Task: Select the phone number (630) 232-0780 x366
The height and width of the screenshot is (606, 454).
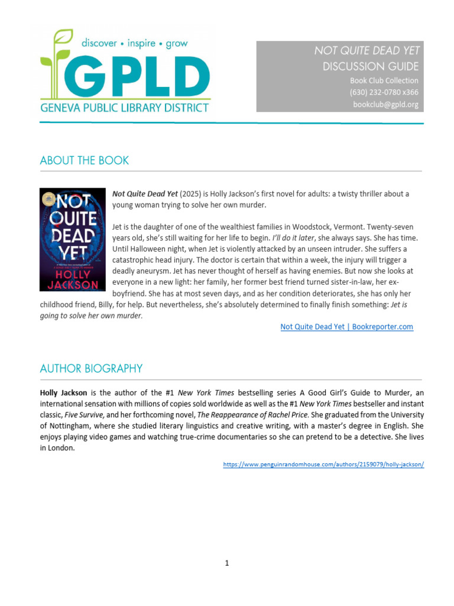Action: pos(384,92)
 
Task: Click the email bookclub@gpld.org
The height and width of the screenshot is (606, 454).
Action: pos(385,105)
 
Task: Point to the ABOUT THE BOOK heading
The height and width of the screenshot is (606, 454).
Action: pos(84,160)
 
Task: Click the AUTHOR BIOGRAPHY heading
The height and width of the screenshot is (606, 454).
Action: pos(91,368)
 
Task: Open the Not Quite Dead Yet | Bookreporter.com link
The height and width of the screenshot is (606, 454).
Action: pos(346,327)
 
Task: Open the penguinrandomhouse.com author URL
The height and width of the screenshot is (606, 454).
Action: pos(323,465)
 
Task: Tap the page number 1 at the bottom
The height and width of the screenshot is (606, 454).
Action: pos(226,563)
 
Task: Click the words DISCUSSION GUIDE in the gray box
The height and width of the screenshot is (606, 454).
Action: pos(371,66)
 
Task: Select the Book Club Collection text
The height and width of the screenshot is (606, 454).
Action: pos(384,80)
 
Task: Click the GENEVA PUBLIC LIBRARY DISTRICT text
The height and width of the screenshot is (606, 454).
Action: pos(124,108)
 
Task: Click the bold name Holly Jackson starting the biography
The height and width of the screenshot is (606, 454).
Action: pos(64,392)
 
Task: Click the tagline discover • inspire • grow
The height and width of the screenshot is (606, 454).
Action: pos(134,43)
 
